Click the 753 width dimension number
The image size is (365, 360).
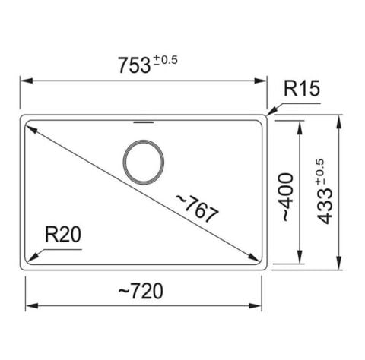point(135,65)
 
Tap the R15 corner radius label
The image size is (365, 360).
point(302,88)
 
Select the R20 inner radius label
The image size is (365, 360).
point(63,234)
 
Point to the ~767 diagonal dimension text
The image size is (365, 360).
point(197,209)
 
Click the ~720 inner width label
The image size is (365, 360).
point(141,291)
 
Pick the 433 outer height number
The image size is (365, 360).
point(325,207)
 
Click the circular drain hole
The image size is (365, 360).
point(144,162)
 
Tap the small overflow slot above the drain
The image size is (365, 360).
point(144,122)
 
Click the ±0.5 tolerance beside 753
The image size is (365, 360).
point(165,60)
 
